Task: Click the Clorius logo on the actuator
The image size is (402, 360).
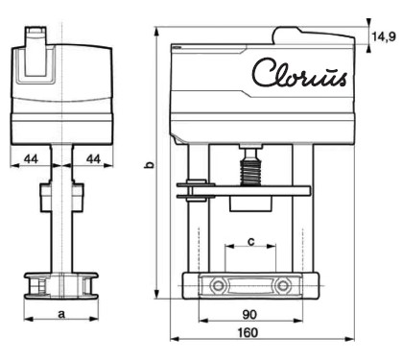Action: tap(299, 73)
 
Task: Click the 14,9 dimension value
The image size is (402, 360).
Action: tap(384, 37)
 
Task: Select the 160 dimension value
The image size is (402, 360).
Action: tap(248, 333)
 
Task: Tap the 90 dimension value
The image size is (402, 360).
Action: tap(249, 315)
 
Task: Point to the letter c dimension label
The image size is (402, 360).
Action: tap(251, 242)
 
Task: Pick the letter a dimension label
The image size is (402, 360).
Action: tap(61, 314)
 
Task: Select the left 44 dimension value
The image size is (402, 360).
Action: tap(31, 159)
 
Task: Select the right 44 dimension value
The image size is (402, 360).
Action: tap(93, 159)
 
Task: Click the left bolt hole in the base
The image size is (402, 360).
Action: tap(218, 285)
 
